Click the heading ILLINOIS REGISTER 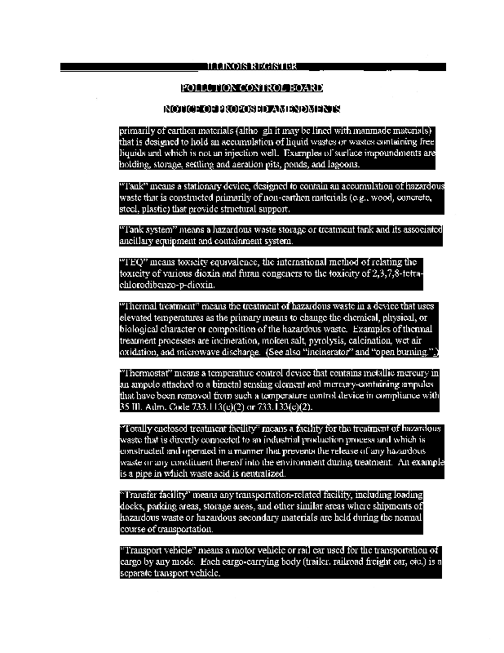pyautogui.click(x=252, y=65)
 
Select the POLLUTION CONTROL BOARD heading pyautogui.click(x=252, y=87)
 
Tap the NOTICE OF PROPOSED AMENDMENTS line pyautogui.click(x=252, y=109)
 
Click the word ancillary pyautogui.click(x=138, y=242)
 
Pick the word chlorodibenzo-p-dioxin pyautogui.click(x=167, y=286)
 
